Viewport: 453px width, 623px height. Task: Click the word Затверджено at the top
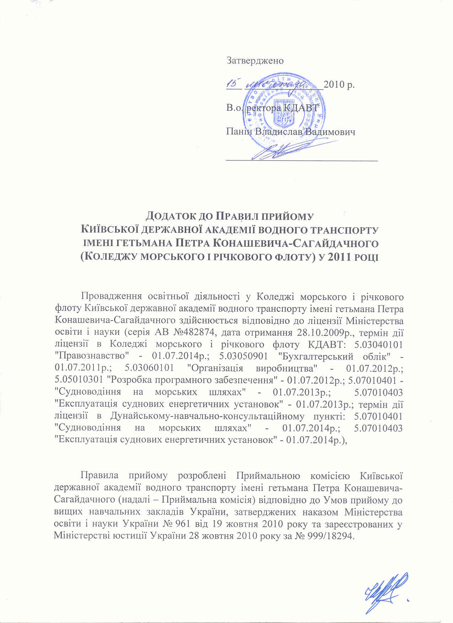(255, 60)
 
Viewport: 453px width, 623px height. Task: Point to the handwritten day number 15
(233, 83)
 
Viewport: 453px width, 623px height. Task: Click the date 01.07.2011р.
(75, 367)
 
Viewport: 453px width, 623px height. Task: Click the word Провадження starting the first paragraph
(107, 298)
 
